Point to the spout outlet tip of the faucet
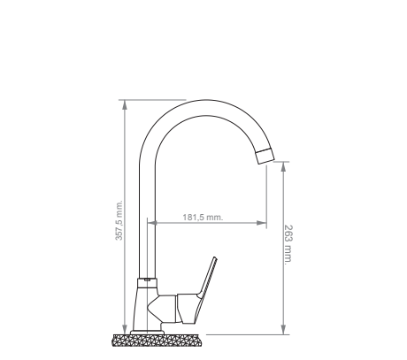click(x=265, y=157)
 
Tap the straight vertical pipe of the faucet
click(x=148, y=221)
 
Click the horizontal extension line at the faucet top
click(x=155, y=99)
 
